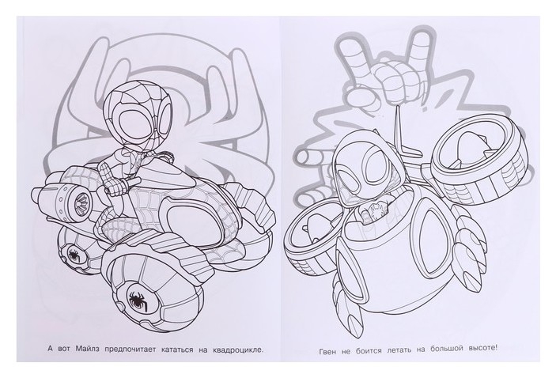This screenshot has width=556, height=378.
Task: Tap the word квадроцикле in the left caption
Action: (x=239, y=350)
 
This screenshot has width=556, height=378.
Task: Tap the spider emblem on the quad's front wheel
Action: (x=137, y=299)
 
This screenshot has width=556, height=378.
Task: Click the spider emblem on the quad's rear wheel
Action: (x=74, y=254)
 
